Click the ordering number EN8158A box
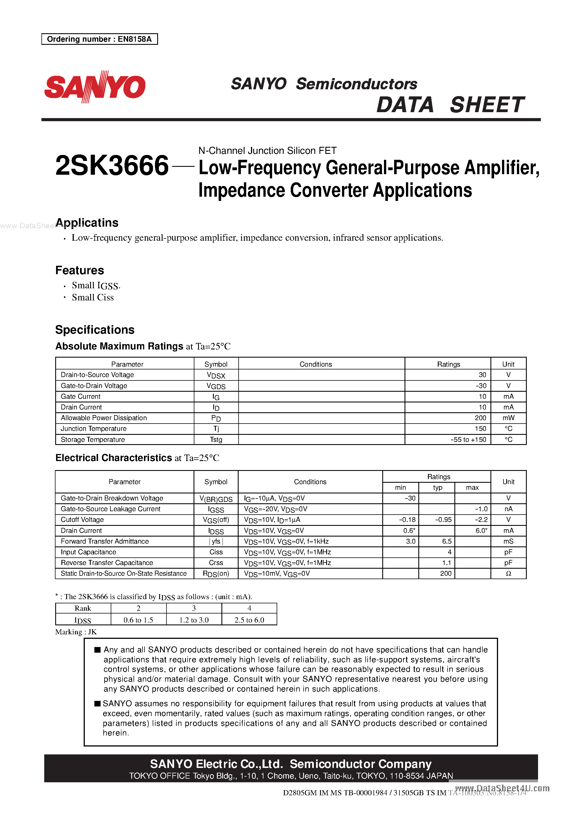click(99, 39)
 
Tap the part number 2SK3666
click(112, 166)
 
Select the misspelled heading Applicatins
click(87, 223)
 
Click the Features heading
click(80, 270)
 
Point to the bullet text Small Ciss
click(93, 298)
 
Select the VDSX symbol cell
click(216, 375)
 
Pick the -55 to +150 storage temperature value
click(468, 440)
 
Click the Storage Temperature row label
click(93, 440)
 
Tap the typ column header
click(437, 487)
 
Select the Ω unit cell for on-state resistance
click(508, 573)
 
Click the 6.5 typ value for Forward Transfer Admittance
click(447, 541)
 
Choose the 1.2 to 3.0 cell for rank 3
click(194, 620)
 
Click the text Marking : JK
click(76, 632)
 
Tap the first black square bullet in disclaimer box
click(97, 650)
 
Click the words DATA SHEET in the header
click(450, 105)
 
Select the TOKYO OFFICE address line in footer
click(291, 776)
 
